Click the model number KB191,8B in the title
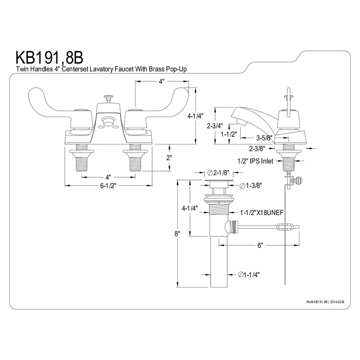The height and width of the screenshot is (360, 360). click(x=49, y=58)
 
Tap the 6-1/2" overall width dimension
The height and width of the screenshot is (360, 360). click(x=108, y=186)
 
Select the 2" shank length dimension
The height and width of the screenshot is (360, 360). click(x=169, y=158)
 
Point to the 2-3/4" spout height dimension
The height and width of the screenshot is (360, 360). click(x=215, y=126)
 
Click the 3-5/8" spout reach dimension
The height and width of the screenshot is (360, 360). click(x=264, y=138)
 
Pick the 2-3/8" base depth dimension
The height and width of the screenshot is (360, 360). click(x=257, y=149)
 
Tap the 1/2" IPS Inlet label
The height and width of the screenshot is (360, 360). click(x=255, y=161)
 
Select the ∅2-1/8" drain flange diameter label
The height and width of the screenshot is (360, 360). click(x=218, y=173)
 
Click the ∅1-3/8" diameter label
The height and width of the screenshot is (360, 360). click(x=251, y=185)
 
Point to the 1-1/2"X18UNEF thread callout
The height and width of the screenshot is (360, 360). click(x=262, y=213)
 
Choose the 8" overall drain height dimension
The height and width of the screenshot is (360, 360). click(x=177, y=234)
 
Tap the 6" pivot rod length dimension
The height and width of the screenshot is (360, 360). click(x=260, y=245)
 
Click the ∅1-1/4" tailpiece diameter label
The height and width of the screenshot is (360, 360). click(x=249, y=274)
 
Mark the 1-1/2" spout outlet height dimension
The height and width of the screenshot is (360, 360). click(x=229, y=134)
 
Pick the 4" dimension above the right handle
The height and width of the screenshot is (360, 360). click(x=162, y=81)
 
